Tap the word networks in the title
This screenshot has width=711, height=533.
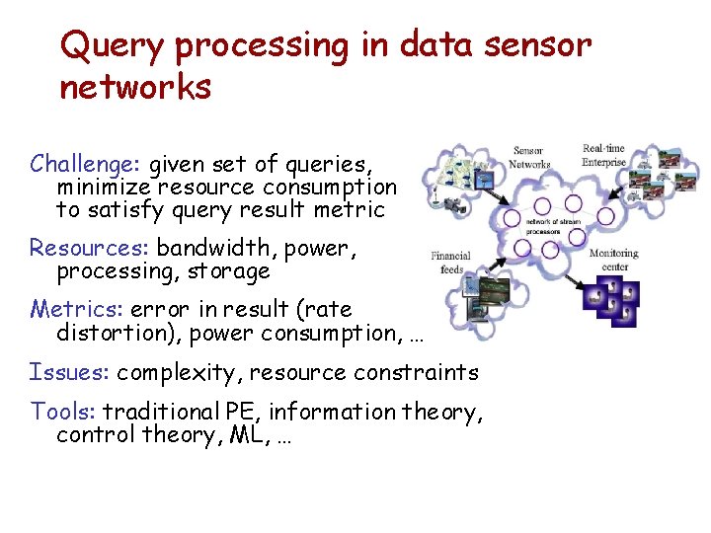coord(135,88)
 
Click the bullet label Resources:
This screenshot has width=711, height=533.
coord(91,247)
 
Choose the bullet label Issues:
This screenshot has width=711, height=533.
coord(71,372)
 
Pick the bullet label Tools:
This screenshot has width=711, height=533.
coord(64,411)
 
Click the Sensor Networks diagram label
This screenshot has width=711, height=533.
coord(530,158)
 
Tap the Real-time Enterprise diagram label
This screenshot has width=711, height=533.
coord(603,155)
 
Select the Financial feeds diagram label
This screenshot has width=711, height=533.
coord(452,262)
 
